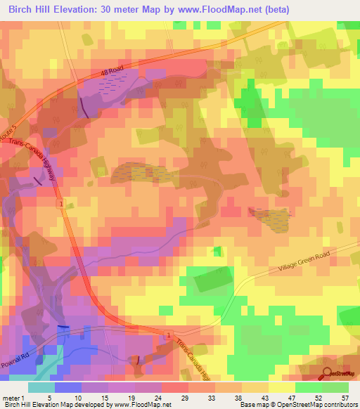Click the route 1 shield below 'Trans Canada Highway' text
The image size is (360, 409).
click(x=62, y=204)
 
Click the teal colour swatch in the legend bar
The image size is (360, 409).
click(x=41, y=387)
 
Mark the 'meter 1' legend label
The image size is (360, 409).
click(x=13, y=398)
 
